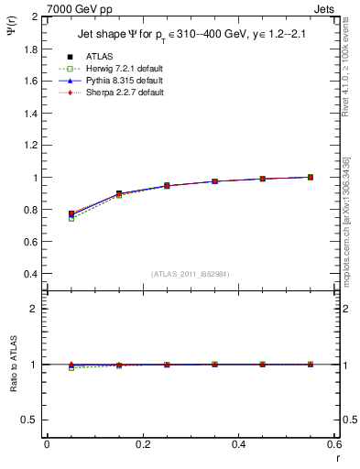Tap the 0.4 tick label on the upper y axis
pos(30,274)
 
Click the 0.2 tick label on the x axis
pos(143,444)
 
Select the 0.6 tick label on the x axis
pos(333,444)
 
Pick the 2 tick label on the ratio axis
pos(34,309)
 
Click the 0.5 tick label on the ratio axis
pos(30,420)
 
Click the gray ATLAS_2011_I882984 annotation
pos(191,274)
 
